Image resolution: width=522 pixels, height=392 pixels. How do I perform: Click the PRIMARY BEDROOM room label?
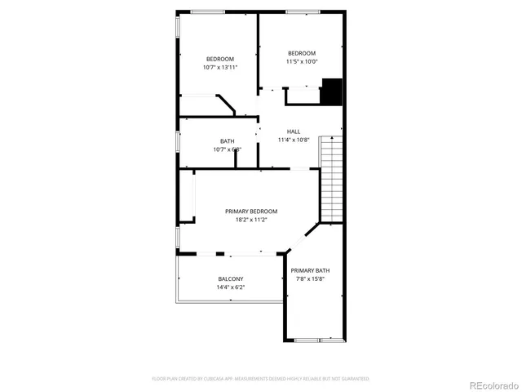(x=251, y=211)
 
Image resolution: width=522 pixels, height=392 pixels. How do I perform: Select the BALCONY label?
(x=230, y=279)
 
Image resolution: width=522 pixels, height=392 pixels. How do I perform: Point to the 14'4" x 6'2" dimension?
(x=230, y=287)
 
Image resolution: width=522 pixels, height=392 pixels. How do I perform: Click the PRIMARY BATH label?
(x=310, y=270)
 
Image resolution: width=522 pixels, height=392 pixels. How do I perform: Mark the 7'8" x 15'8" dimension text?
(x=310, y=279)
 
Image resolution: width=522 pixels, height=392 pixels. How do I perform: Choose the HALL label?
(x=293, y=131)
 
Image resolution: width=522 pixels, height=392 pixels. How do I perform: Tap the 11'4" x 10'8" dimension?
(x=293, y=140)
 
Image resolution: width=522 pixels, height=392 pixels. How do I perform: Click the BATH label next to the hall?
(x=227, y=141)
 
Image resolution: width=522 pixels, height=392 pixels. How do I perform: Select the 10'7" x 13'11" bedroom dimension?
(x=219, y=67)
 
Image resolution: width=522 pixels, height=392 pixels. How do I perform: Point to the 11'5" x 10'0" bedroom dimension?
(x=301, y=61)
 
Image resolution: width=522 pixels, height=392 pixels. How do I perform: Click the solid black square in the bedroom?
(x=330, y=91)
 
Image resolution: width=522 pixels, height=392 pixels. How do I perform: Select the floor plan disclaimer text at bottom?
(x=260, y=379)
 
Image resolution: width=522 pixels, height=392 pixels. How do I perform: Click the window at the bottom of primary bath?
(x=319, y=339)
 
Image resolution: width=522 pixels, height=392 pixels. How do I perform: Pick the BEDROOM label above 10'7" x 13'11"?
(x=219, y=59)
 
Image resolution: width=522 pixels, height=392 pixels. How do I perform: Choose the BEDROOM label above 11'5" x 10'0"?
(x=301, y=53)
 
